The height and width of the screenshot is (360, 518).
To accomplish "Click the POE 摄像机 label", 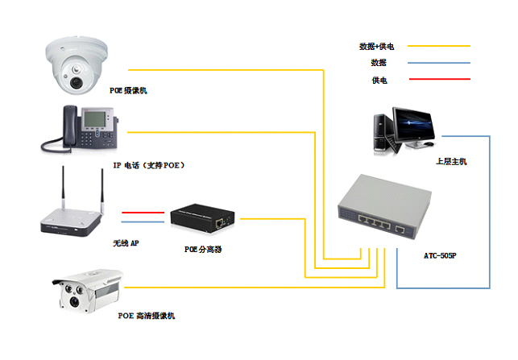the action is (128, 90).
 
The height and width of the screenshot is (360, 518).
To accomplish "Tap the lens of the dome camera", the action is (76, 82).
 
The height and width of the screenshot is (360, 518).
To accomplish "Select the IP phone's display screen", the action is (95, 119).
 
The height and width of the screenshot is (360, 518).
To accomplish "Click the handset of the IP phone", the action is (70, 126).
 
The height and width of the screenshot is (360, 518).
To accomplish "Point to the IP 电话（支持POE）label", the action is (149, 165).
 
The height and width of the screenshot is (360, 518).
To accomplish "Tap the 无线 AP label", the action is (126, 243).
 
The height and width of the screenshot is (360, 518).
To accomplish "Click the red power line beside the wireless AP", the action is (143, 213).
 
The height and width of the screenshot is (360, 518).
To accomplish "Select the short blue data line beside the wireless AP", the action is (143, 221).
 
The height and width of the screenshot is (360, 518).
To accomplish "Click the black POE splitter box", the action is (202, 218).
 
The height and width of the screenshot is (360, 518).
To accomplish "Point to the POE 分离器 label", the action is (203, 250).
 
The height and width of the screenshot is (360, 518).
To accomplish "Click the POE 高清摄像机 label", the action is (147, 316).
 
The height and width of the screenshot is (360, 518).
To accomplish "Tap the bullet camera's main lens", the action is (74, 301).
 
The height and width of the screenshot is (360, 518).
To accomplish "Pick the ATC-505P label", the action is (440, 255).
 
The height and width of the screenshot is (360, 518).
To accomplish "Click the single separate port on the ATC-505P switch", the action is (400, 230).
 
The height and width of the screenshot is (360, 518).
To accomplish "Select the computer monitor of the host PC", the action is (413, 126).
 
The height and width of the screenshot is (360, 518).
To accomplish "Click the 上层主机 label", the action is (451, 162).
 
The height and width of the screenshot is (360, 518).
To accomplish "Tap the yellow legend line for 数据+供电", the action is (439, 46).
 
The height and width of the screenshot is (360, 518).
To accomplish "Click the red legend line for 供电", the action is (440, 79).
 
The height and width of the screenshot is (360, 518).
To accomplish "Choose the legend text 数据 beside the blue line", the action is (379, 63).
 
